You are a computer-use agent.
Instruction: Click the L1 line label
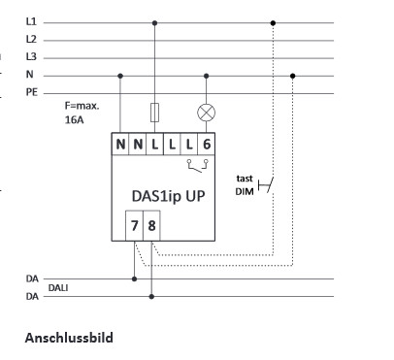pos(31,20)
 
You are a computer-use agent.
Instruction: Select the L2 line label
pos(31,39)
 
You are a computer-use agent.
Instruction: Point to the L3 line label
pos(31,56)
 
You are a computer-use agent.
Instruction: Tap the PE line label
pos(31,92)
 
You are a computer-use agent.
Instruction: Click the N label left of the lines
pos(30,75)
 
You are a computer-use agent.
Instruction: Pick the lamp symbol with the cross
pos(206,112)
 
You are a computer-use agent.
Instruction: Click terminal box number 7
pos(134,230)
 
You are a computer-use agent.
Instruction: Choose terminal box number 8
pos(152,230)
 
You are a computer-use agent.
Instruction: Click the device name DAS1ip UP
pos(168,193)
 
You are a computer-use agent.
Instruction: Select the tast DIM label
pos(245,185)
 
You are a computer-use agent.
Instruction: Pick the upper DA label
pos(32,279)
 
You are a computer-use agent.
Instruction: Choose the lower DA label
pos(32,297)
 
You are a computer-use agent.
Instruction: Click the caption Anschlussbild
pos(69,338)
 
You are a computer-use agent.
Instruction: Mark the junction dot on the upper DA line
pos(134,279)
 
